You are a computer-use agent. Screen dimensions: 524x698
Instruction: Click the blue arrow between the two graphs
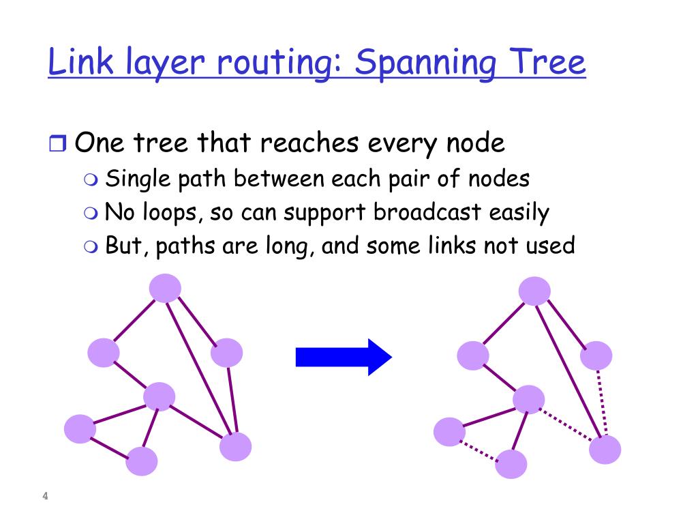343,357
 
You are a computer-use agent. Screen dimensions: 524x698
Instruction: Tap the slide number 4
45,496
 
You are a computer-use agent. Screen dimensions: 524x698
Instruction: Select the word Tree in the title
551,63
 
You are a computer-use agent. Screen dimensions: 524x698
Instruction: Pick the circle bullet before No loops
91,213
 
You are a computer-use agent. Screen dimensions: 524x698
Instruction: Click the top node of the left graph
165,288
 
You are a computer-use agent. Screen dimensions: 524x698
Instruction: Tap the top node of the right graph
534,291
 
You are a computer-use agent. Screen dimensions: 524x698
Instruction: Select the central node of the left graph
160,396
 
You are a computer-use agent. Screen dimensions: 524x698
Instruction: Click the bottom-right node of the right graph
605,450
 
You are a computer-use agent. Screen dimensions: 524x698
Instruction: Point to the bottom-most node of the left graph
142,461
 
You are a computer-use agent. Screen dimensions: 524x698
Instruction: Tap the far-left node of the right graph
449,432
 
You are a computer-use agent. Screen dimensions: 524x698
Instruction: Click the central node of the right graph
529,399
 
